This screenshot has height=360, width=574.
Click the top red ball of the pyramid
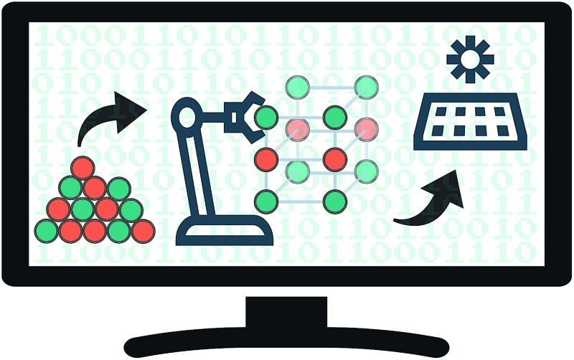(x=83, y=168)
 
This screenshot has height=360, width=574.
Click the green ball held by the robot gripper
(x=266, y=116)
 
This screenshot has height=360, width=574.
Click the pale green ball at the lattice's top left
(x=298, y=87)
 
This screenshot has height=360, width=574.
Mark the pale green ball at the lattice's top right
(x=367, y=88)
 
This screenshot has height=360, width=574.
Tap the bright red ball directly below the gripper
(x=266, y=158)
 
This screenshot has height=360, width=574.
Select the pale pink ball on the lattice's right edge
(x=367, y=129)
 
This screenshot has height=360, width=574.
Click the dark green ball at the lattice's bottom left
(x=266, y=201)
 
